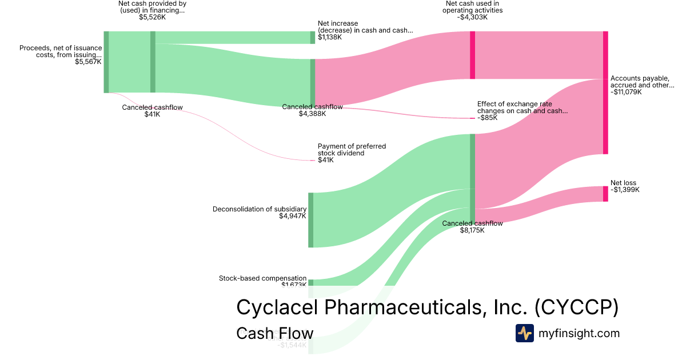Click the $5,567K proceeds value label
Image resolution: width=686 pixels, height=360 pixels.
point(88,62)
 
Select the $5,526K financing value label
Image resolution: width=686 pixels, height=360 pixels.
point(152,17)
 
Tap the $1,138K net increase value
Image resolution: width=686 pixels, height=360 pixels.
point(330,37)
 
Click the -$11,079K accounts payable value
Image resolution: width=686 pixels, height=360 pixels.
point(626,92)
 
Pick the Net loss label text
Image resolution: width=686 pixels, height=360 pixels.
point(623,183)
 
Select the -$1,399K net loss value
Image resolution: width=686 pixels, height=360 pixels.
point(625,190)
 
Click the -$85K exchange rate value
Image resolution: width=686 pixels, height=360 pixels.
point(488,118)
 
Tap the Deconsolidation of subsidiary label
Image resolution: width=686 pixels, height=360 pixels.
point(260,209)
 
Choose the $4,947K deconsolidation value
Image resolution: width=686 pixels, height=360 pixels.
point(293,216)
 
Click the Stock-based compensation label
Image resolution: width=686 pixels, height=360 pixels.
point(263,278)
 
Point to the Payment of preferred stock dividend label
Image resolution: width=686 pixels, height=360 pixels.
point(352,150)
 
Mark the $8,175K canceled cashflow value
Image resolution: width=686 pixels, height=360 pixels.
point(472,230)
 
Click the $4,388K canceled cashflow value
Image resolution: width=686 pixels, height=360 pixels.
point(312,114)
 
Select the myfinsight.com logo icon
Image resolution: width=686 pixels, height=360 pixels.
point(525,333)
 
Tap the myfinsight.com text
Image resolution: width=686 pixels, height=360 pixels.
point(579,333)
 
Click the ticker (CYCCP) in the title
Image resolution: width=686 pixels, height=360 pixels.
point(577,307)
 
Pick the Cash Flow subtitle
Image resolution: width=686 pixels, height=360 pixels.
point(274,334)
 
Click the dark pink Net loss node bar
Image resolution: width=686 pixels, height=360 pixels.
point(605,194)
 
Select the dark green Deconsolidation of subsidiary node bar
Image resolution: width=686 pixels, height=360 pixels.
point(311,220)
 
